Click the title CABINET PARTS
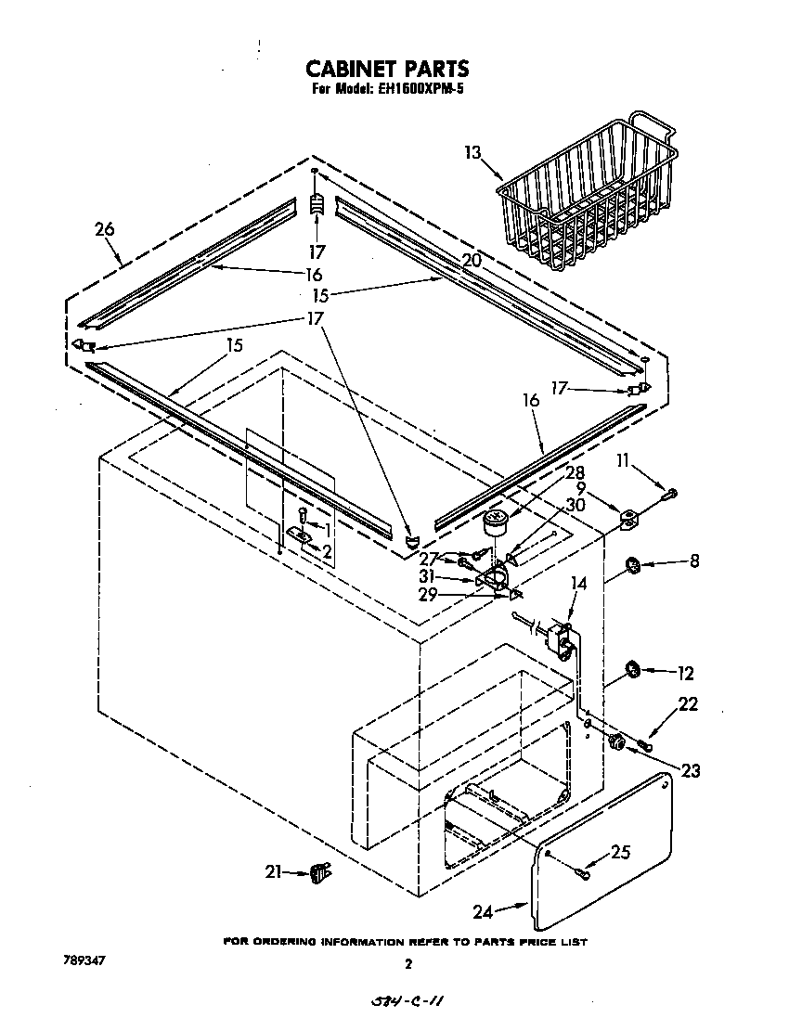click(x=387, y=69)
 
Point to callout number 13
click(x=474, y=152)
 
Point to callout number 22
click(x=688, y=705)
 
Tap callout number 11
click(x=623, y=459)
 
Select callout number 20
click(x=472, y=261)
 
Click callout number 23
click(x=689, y=769)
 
